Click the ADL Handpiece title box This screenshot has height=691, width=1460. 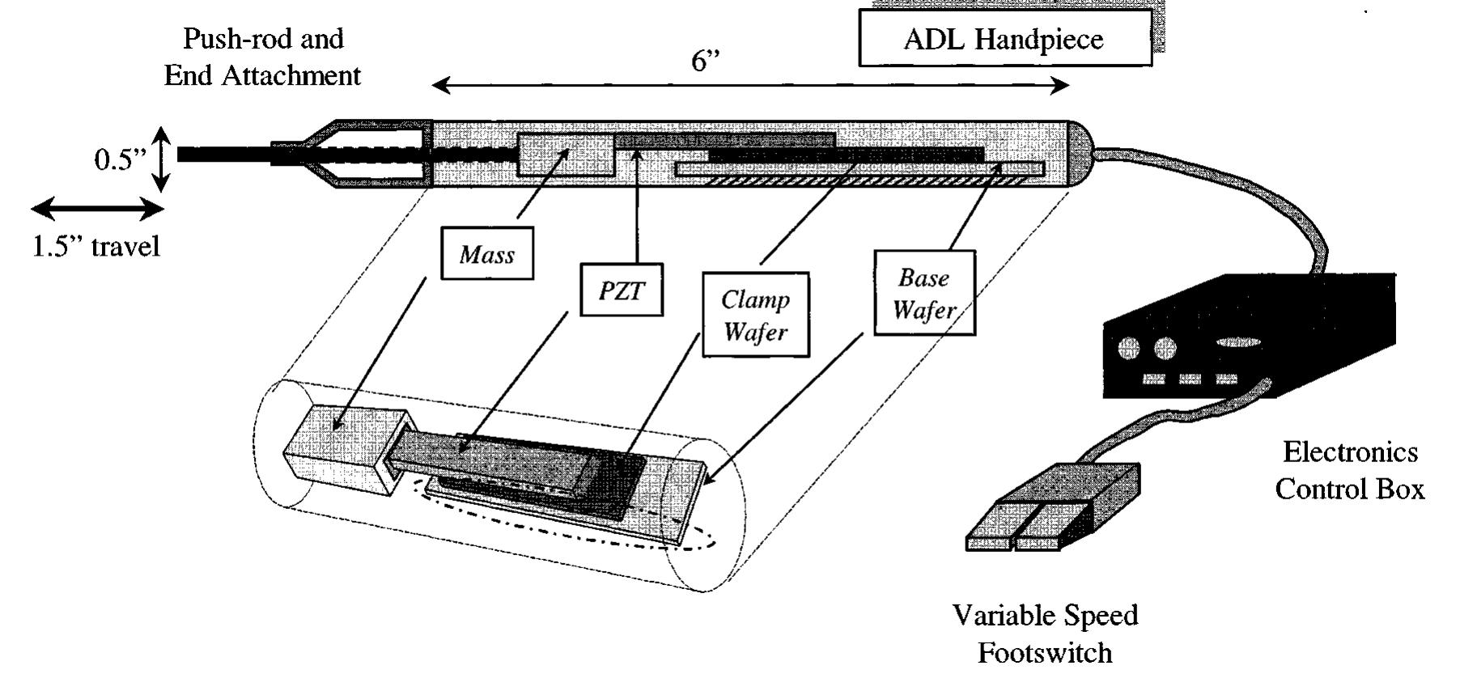coord(1004,38)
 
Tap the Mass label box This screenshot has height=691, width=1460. coord(486,255)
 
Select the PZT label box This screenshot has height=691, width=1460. coord(622,290)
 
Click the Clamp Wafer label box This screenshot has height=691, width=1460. coord(755,315)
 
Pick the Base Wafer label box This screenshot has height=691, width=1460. coord(924,293)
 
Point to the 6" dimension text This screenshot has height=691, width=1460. coord(705,61)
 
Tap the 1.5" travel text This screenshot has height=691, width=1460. coord(95,246)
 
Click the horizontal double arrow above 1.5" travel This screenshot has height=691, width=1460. coord(97,210)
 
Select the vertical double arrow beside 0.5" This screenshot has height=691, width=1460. coord(162,159)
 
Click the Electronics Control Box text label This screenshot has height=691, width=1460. coord(1349,470)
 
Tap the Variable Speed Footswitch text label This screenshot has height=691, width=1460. coord(1045,634)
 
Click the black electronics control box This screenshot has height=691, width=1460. coord(1263,340)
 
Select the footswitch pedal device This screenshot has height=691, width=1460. coord(1052,506)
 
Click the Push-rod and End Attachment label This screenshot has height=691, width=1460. coord(262,57)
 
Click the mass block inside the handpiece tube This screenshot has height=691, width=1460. coord(567,154)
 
